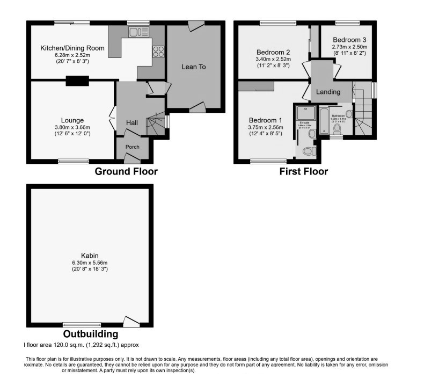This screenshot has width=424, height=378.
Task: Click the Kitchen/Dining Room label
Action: [72, 48]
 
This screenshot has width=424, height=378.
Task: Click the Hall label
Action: [132, 123]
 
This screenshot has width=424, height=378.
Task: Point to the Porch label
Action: [132, 147]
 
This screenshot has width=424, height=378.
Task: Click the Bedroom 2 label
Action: [273, 52]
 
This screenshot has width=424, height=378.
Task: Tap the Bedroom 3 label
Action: [350, 40]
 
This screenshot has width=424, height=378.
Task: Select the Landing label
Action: [328, 92]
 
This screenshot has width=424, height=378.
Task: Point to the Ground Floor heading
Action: [126, 172]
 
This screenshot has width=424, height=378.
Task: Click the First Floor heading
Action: [304, 172]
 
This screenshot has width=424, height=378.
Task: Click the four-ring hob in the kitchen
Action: [159, 52]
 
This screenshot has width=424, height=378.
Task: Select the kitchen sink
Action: [138, 33]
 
